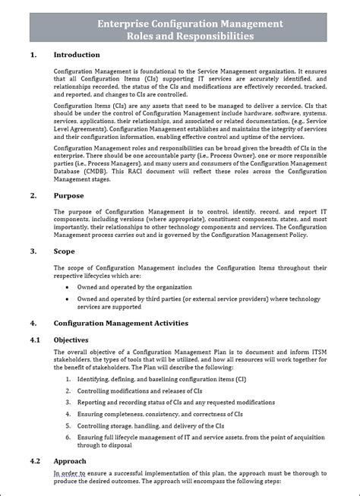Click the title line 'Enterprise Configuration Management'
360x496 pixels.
coord(190,24)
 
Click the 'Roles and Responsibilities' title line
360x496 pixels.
coord(190,36)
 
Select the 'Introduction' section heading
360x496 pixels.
coord(76,55)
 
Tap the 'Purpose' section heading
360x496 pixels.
coord(68,195)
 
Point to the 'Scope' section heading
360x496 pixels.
coord(65,251)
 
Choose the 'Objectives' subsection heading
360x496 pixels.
coord(71,339)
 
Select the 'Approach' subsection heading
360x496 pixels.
coord(69,461)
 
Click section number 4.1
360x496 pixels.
coord(36,339)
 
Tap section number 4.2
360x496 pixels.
coord(36,461)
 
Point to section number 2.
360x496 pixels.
coord(33,195)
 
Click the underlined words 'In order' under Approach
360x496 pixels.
coord(65,472)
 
